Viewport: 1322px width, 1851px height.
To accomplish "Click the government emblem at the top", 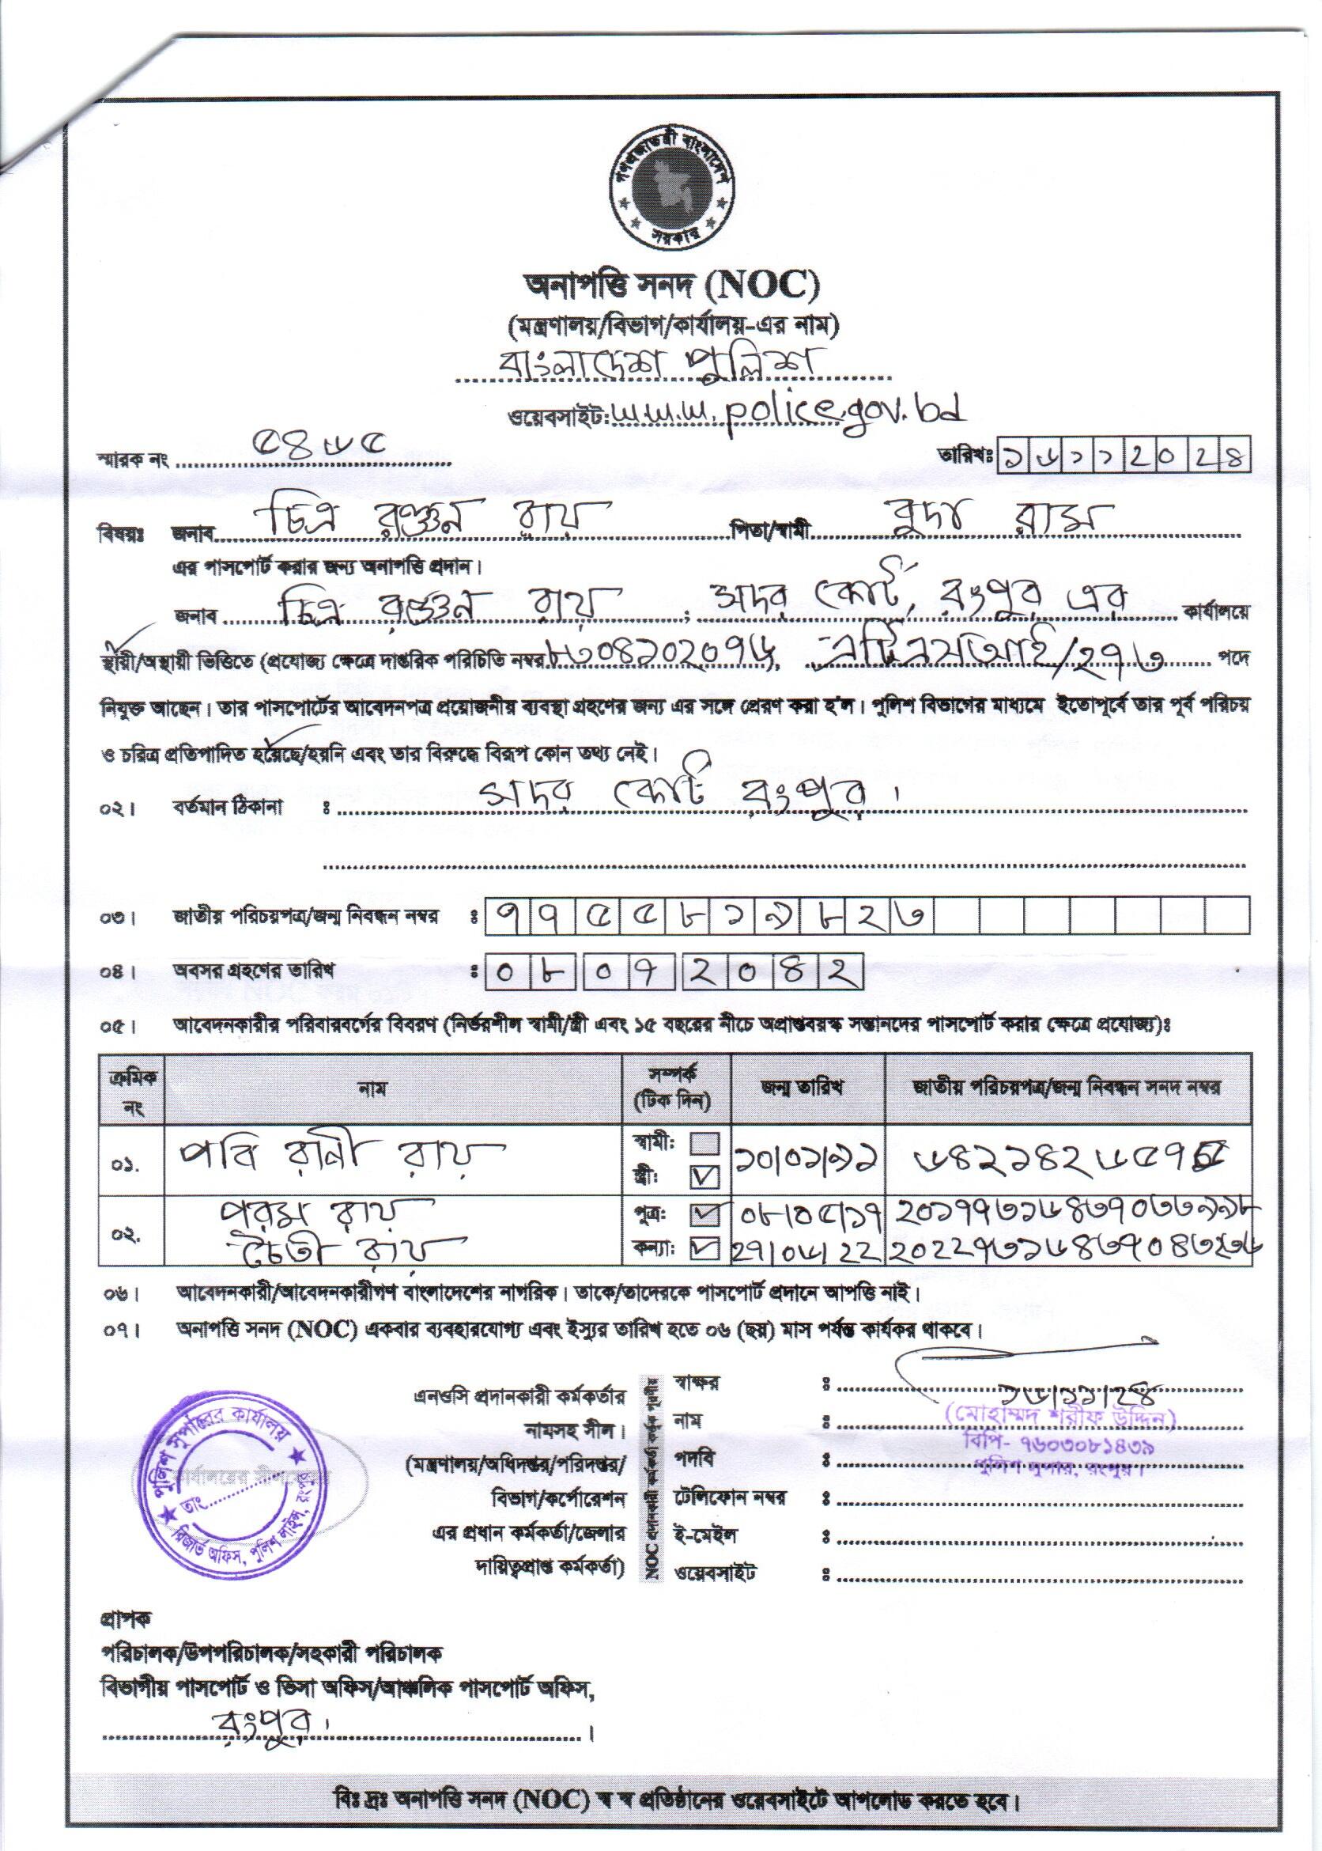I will click(x=671, y=189).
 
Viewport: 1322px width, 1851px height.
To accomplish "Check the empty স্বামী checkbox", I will click(x=705, y=1144).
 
